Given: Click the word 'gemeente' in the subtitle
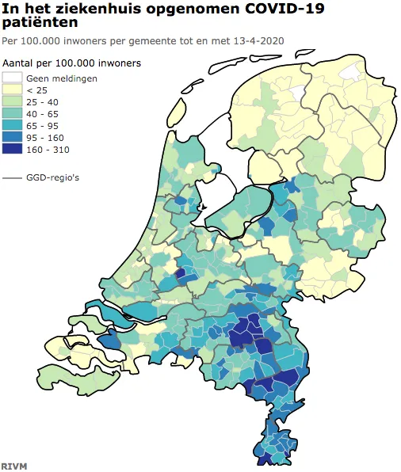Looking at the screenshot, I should tap(158, 40).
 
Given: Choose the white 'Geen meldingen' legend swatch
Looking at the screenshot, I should tap(12, 78).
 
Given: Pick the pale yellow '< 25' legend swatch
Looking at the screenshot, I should tap(12, 89).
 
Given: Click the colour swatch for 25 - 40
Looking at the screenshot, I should tap(12, 101).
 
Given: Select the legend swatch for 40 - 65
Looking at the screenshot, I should tap(12, 113).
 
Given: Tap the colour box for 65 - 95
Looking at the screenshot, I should tap(12, 124).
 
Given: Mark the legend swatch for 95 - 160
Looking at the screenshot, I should tap(12, 136).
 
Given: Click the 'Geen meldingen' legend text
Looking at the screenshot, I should tap(62, 78).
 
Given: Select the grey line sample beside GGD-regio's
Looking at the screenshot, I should tap(12, 178).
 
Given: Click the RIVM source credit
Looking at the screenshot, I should tap(13, 466).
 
